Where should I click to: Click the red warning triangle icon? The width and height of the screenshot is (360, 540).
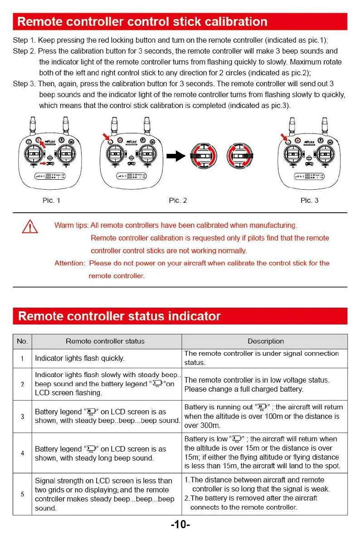click(30, 226)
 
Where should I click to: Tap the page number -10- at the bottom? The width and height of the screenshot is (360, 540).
click(180, 525)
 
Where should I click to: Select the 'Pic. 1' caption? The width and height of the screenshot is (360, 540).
click(51, 201)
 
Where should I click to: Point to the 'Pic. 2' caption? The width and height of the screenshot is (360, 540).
click(178, 201)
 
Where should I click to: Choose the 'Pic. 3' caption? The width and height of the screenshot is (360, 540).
click(309, 201)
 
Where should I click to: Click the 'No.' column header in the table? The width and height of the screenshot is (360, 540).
click(22, 341)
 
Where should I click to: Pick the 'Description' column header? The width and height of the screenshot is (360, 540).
click(266, 341)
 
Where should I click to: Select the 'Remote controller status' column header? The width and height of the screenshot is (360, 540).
click(105, 341)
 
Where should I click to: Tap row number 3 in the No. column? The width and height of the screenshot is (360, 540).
click(22, 416)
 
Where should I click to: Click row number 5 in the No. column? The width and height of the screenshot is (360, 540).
click(22, 494)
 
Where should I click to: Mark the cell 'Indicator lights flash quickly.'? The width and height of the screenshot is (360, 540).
click(79, 358)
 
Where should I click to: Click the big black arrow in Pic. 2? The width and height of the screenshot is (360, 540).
click(176, 156)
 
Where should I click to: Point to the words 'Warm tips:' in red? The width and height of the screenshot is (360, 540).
click(71, 226)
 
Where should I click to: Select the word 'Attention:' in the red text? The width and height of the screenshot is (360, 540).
click(69, 263)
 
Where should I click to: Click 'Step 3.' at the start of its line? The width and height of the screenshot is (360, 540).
click(24, 84)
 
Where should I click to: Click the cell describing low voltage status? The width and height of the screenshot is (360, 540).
click(257, 384)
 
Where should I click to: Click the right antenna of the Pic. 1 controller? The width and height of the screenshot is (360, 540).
click(67, 126)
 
